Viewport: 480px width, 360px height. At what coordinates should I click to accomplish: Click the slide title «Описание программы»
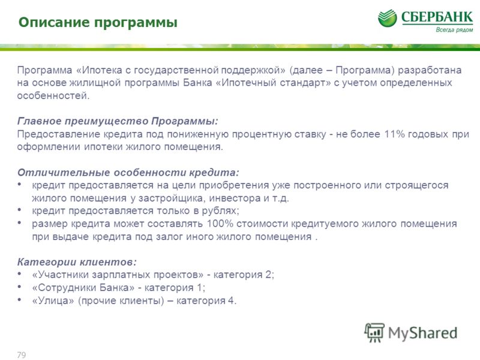coord(98,23)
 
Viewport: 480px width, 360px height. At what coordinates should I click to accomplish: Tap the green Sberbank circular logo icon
coord(387,18)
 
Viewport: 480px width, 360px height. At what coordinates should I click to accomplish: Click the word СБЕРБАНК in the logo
coord(437,17)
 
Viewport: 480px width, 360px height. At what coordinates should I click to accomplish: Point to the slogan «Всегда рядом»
coord(454,29)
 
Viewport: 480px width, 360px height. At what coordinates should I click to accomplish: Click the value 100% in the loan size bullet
coord(220,223)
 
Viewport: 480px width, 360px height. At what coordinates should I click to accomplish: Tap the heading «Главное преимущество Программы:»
coord(118,121)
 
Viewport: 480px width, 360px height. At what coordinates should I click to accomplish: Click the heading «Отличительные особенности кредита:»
coord(128,173)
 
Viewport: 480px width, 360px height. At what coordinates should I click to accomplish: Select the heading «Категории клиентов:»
coord(77,262)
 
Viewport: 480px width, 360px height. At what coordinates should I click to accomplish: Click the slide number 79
coord(22,355)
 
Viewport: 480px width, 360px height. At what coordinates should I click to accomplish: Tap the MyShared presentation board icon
coord(374,332)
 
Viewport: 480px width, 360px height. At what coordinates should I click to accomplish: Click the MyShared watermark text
coord(422,333)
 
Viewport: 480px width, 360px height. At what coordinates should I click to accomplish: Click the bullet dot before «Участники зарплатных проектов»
coord(19,274)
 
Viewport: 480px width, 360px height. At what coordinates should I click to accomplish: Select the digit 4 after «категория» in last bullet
coord(231,301)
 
